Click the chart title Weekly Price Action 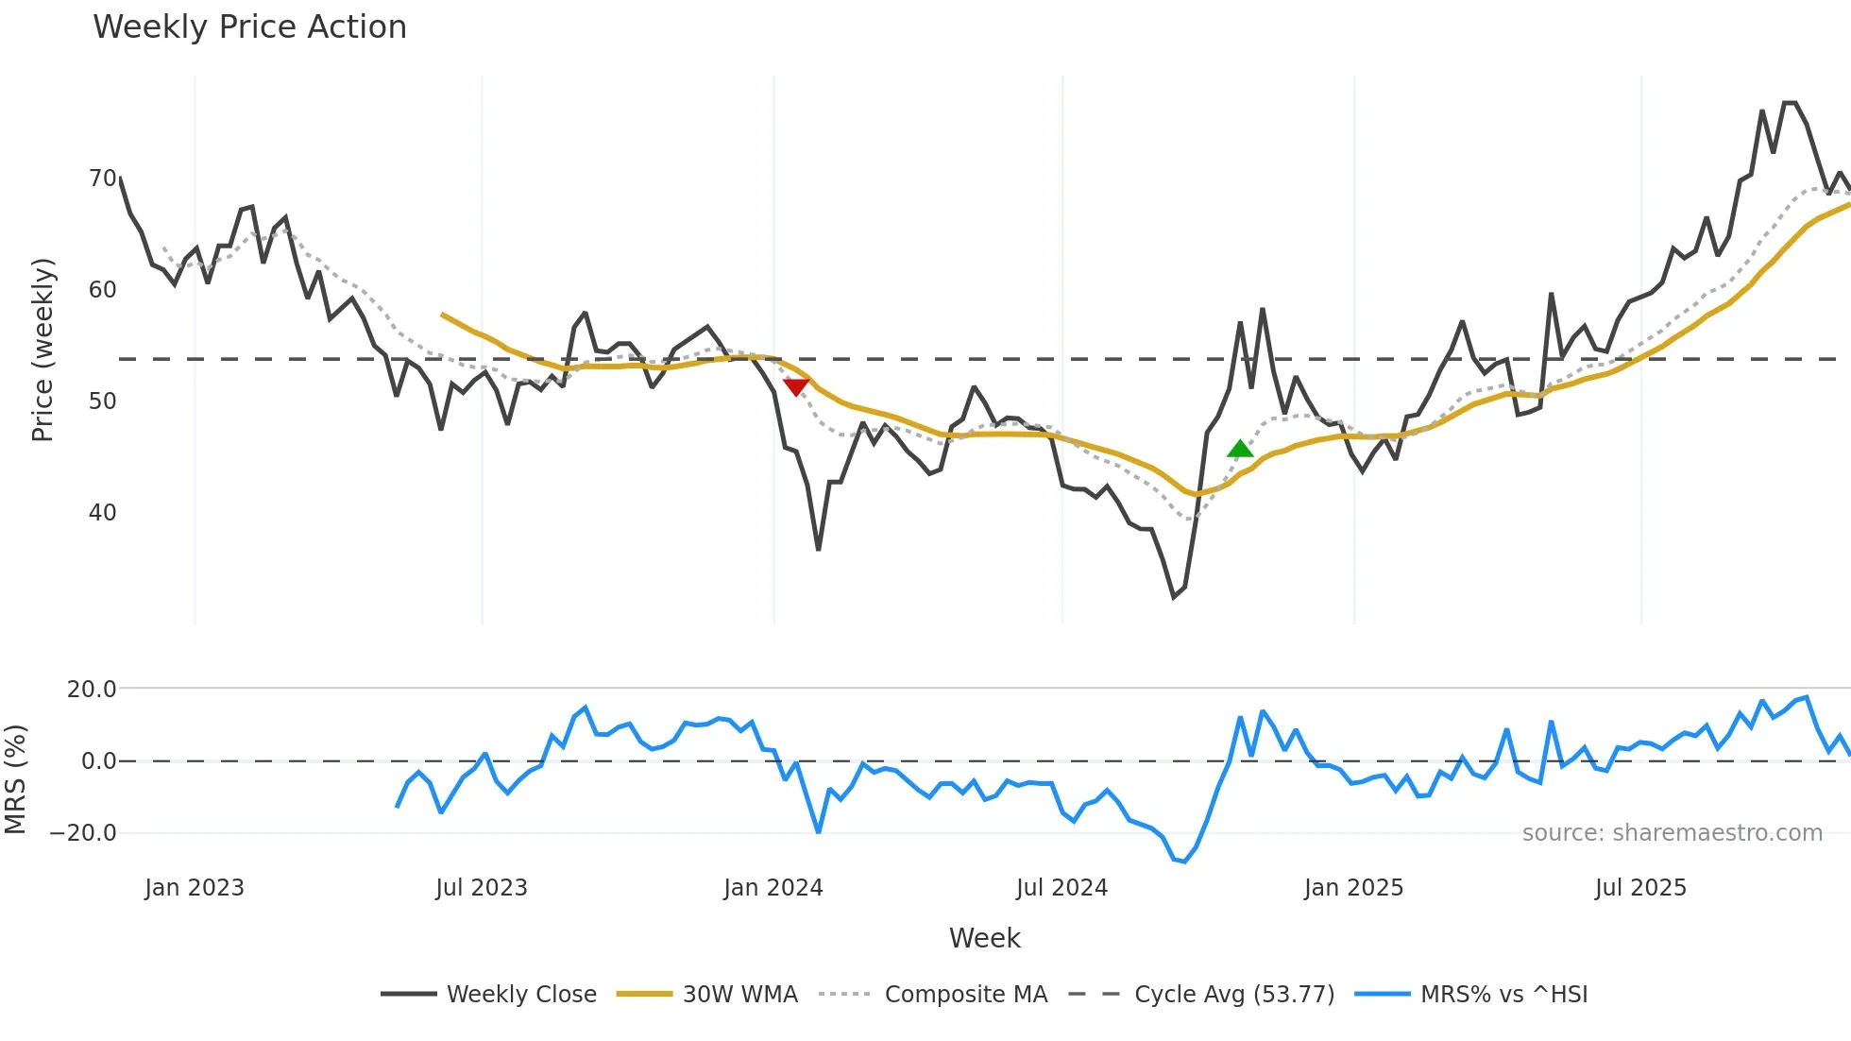pos(249,27)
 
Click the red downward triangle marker pos(796,386)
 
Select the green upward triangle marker pos(1240,449)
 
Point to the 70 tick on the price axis pos(102,179)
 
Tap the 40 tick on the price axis pos(102,513)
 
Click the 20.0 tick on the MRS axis pos(92,690)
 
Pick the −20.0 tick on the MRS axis pos(83,833)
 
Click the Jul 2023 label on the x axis pos(482,888)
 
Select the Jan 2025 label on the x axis pos(1353,888)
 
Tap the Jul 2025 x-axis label pos(1640,888)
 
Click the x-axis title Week pos(984,938)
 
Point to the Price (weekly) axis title pos(43,350)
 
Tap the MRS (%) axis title pos(15,779)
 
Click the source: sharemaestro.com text pos(1672,833)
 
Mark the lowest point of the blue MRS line pos(1184,862)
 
